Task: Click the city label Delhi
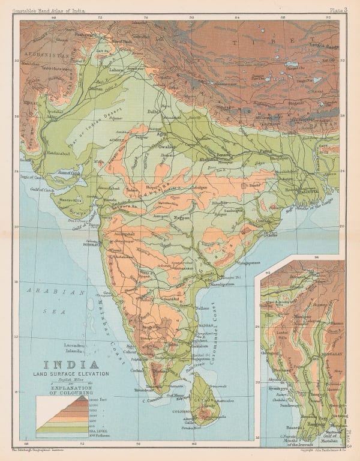[155, 112]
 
